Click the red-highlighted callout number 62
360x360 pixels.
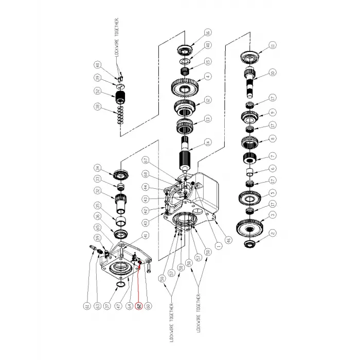138,306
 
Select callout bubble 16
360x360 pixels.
207,32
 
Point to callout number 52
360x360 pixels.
97,92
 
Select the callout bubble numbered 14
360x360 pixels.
207,144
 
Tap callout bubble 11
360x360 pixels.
273,45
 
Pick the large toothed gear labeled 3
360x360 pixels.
251,227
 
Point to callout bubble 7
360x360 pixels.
273,156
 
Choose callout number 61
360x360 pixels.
87,307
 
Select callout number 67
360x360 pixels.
145,159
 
